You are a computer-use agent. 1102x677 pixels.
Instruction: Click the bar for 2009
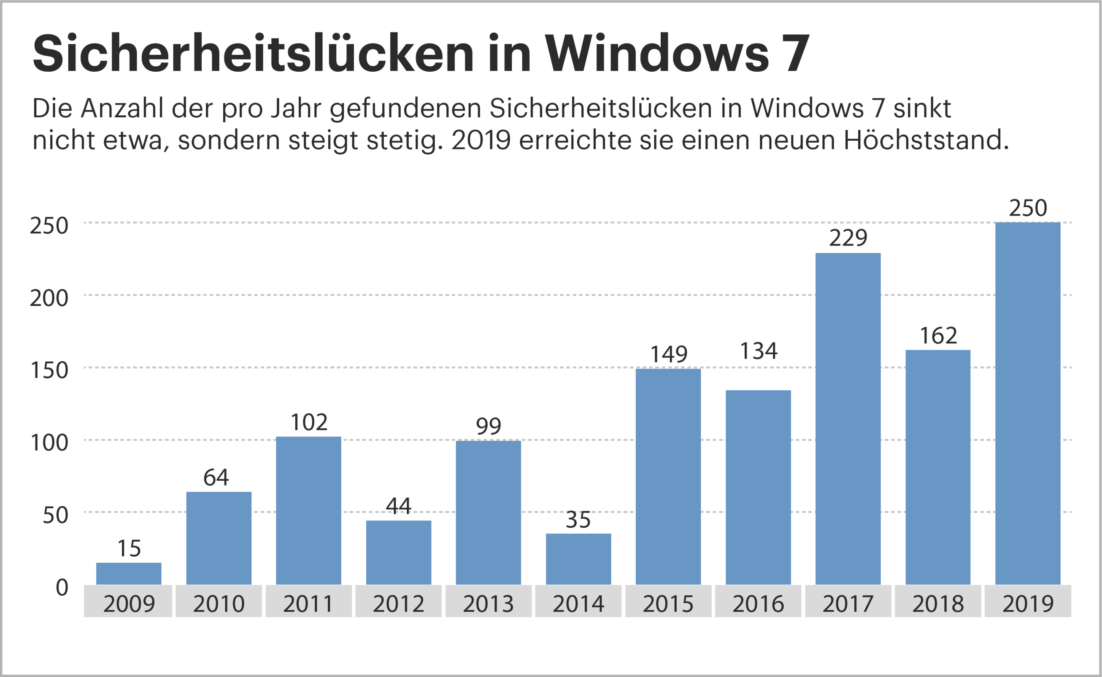(x=129, y=574)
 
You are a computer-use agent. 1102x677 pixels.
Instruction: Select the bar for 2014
(x=578, y=559)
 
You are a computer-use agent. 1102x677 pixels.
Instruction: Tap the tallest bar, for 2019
(x=1028, y=403)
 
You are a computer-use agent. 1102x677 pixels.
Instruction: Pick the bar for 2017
(x=848, y=419)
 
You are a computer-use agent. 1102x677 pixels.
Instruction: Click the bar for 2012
(x=399, y=552)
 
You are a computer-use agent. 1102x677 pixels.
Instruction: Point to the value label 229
(x=848, y=238)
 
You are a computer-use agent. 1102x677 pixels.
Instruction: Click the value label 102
(x=309, y=422)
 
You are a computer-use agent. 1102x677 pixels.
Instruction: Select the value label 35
(x=578, y=519)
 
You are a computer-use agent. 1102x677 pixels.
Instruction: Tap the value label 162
(x=939, y=335)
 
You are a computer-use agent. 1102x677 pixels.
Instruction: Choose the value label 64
(x=216, y=477)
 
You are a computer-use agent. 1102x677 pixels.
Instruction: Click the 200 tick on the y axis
(x=49, y=298)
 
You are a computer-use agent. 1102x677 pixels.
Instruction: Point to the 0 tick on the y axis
(x=62, y=588)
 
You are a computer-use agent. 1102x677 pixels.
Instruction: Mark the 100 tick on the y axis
(x=49, y=443)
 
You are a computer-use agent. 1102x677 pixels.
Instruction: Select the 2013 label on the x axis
(x=488, y=604)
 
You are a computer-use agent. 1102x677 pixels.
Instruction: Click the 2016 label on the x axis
(x=758, y=604)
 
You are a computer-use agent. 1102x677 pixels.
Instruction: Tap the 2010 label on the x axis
(x=219, y=604)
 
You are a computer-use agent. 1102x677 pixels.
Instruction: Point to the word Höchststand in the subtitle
(x=926, y=140)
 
